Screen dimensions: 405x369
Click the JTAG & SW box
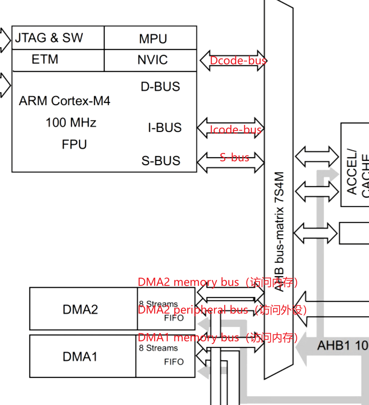[x=49, y=38]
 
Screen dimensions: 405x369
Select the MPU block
[x=153, y=39]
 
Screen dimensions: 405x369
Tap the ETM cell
[x=45, y=59]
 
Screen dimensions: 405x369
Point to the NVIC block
[x=152, y=60]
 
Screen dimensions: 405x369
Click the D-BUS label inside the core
[x=160, y=87]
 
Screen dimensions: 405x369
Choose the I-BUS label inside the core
[x=165, y=128]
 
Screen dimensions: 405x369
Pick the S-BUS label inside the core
[x=161, y=161]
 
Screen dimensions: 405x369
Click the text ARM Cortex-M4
[x=65, y=101]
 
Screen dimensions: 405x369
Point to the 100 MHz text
[x=71, y=122]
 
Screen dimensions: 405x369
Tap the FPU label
[x=74, y=144]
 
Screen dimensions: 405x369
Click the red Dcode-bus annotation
[x=238, y=61]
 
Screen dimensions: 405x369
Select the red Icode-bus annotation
[x=236, y=129]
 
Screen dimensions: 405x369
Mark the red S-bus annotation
[x=234, y=157]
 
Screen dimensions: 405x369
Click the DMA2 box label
[x=80, y=309]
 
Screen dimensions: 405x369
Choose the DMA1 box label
[x=80, y=356]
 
